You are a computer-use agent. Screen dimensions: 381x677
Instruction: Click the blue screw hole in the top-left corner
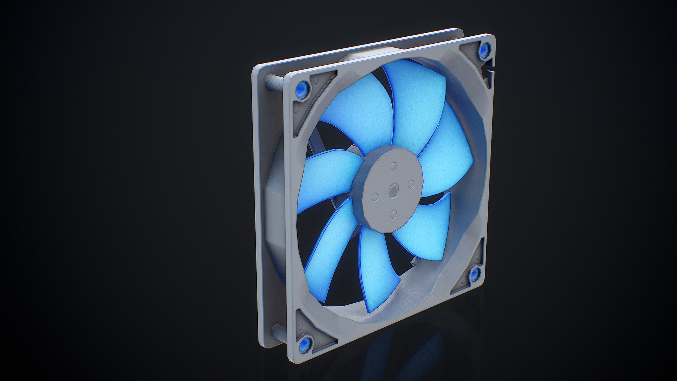pyautogui.click(x=302, y=87)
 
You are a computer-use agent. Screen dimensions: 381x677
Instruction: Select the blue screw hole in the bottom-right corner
pyautogui.click(x=474, y=274)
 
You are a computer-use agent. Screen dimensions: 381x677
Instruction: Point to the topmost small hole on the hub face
pyautogui.click(x=394, y=165)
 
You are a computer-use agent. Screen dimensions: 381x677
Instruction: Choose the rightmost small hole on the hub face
pyautogui.click(x=411, y=183)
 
